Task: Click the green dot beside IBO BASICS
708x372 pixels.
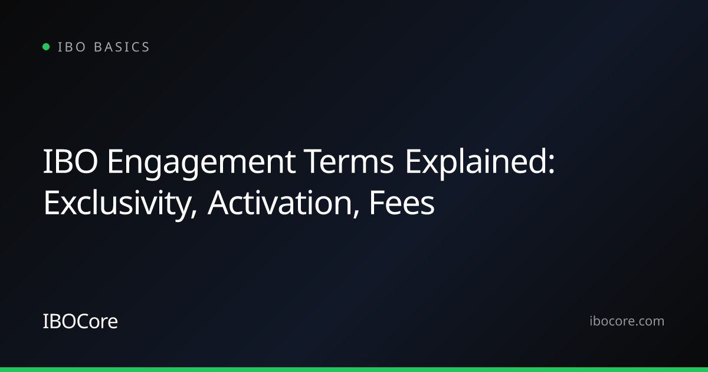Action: point(46,47)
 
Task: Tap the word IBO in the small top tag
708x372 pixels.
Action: point(71,47)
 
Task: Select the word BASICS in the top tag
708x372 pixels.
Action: point(122,47)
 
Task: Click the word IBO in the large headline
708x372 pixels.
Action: point(70,161)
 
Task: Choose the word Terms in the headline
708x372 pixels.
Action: point(349,161)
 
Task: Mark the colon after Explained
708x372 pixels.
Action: point(551,165)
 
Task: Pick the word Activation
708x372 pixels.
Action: point(280,203)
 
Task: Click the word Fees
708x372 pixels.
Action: point(402,203)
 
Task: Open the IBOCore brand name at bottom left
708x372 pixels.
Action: point(80,321)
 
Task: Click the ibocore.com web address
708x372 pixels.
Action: point(627,321)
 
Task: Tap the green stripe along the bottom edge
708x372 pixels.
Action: point(354,370)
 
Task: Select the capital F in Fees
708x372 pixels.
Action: point(378,203)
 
